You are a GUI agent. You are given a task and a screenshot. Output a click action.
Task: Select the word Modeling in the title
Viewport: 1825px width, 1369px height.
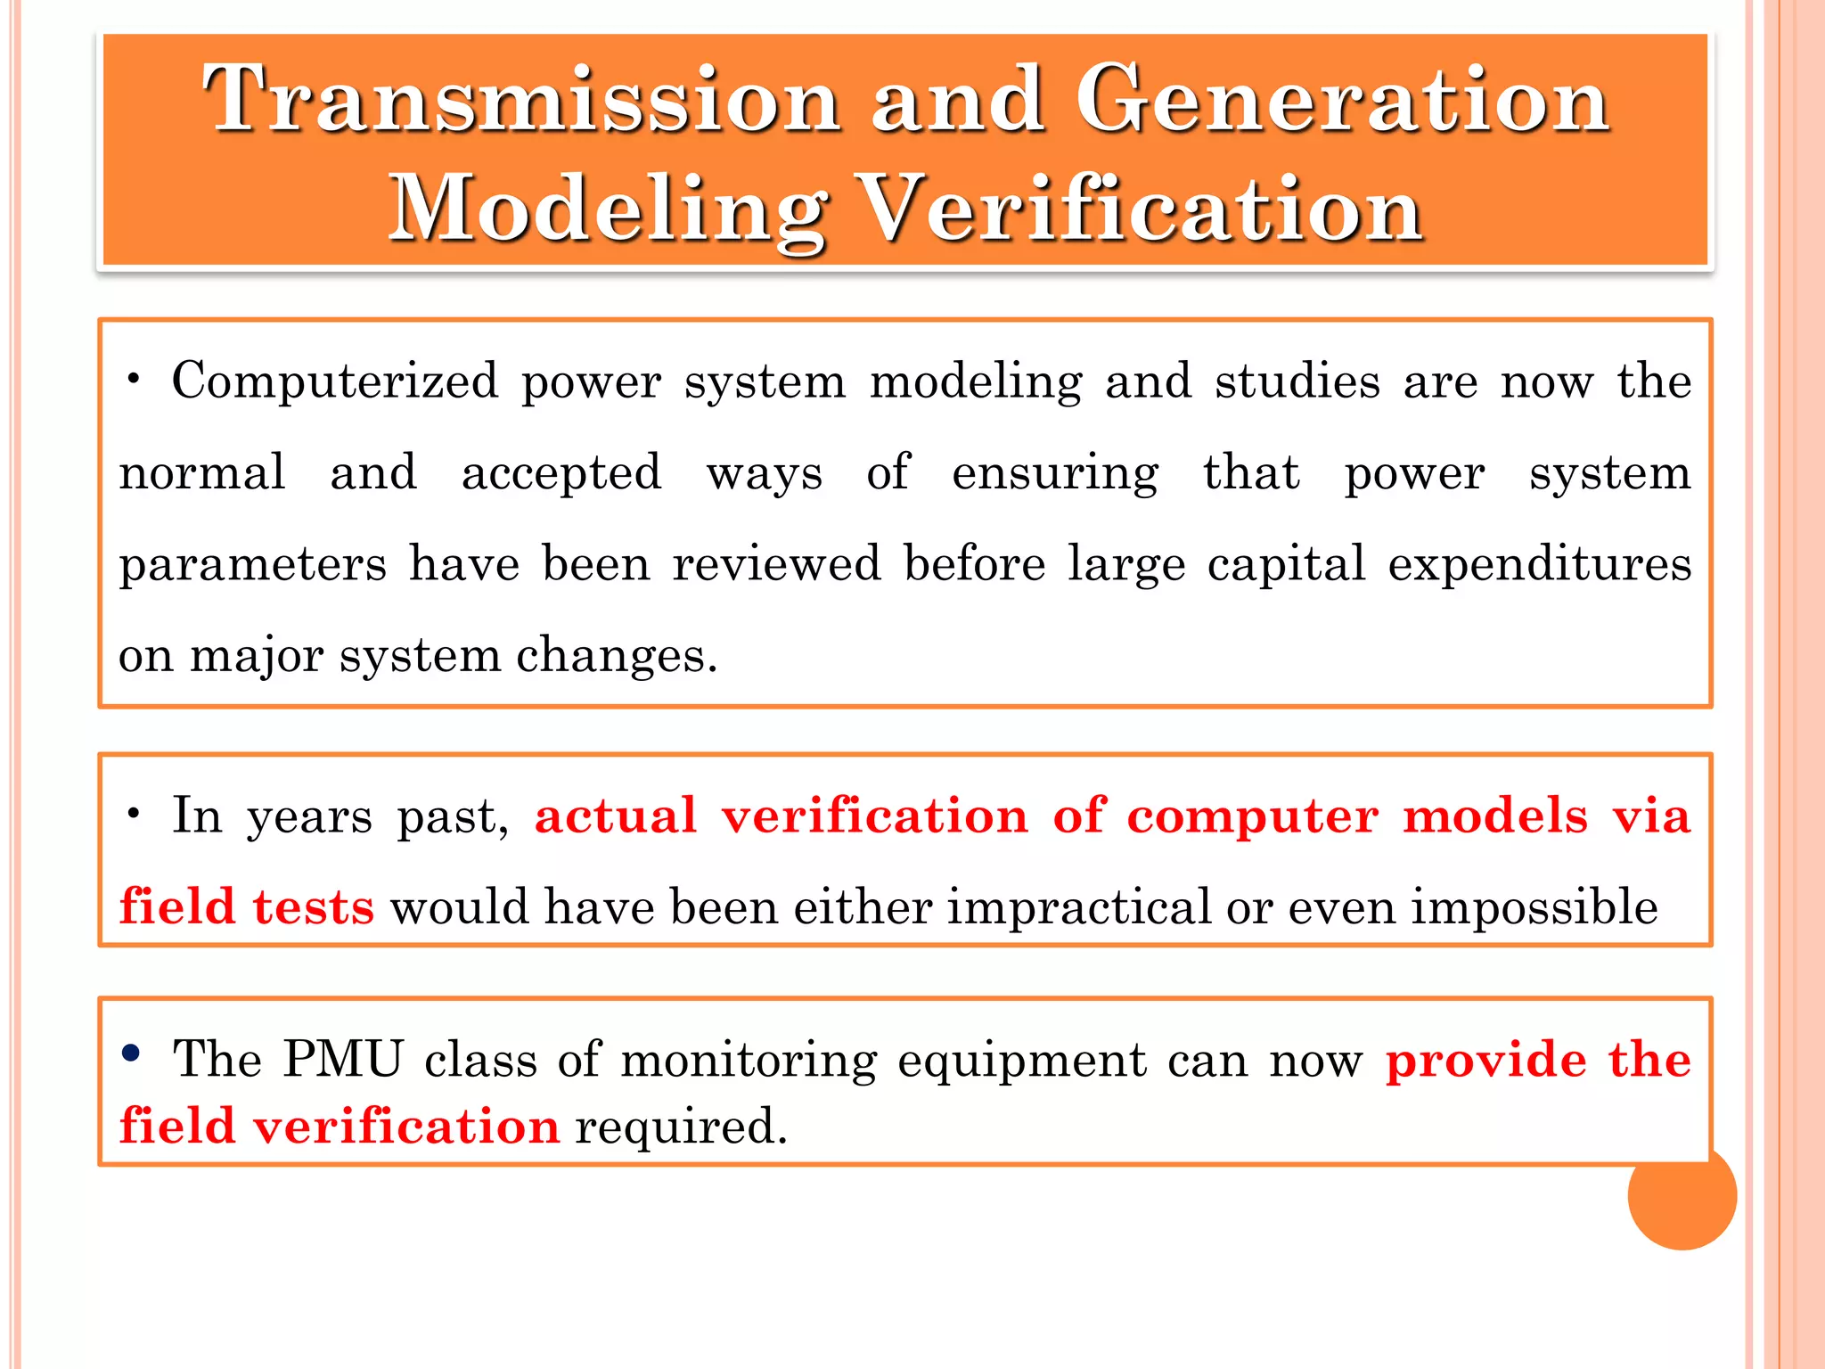(x=608, y=209)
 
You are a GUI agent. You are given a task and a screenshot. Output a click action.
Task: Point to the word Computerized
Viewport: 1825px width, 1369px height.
(x=335, y=381)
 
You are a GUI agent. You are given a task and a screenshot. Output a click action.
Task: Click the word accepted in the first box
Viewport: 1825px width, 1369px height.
(x=561, y=472)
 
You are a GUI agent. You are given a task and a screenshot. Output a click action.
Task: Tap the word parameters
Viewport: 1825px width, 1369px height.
(x=253, y=565)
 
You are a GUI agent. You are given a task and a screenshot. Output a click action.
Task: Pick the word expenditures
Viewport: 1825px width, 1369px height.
(x=1539, y=565)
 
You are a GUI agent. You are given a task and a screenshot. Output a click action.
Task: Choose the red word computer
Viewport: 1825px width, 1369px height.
(x=1252, y=816)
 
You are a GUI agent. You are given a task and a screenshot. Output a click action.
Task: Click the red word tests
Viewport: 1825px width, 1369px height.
(x=313, y=907)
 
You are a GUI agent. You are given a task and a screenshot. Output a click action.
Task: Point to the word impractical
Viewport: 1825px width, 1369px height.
(x=1078, y=907)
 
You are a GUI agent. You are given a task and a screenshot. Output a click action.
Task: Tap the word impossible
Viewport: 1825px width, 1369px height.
(x=1534, y=907)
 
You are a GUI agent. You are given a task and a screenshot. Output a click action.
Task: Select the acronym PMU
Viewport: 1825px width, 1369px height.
(x=343, y=1060)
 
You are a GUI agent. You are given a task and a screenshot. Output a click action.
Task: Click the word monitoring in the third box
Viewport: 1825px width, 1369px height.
(x=749, y=1062)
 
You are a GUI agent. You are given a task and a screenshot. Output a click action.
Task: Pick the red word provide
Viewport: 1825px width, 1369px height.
(x=1485, y=1062)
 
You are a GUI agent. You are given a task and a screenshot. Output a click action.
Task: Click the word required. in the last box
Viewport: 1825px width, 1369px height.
(x=682, y=1127)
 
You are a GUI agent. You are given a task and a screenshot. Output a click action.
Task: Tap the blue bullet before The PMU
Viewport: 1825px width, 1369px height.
(x=131, y=1053)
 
